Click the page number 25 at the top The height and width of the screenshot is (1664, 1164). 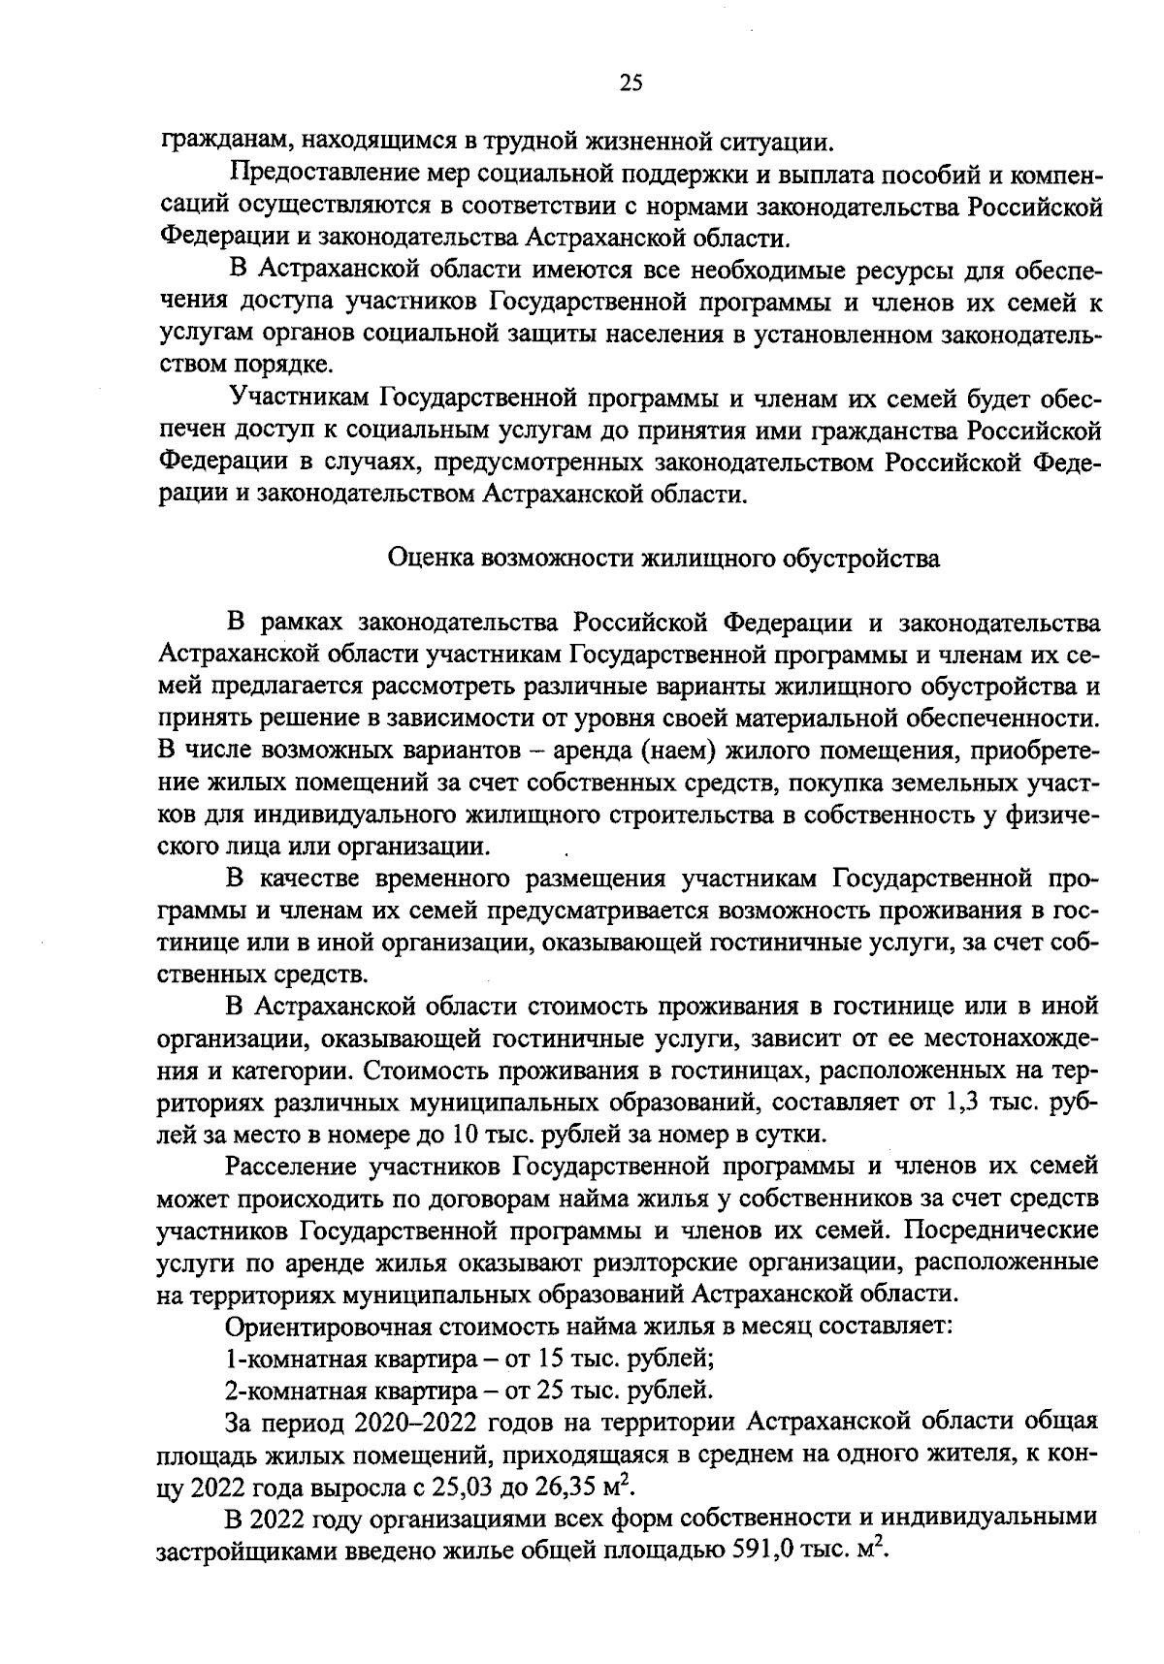click(631, 83)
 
